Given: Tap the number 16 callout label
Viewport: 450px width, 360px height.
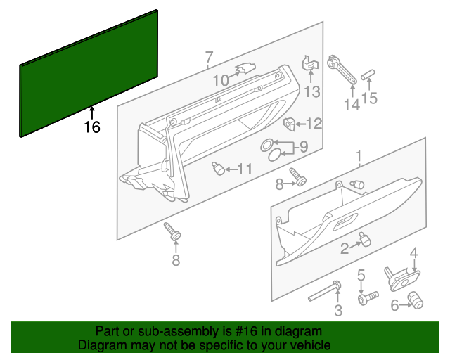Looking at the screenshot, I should [91, 127].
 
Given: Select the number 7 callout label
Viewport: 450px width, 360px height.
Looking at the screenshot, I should [209, 57].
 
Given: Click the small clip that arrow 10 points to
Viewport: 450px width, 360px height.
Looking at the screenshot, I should [244, 69].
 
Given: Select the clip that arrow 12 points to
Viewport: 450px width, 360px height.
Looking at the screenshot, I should [289, 124].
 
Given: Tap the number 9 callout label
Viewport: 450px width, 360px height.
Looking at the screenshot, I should [303, 147].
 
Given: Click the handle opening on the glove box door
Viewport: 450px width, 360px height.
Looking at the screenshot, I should [345, 224].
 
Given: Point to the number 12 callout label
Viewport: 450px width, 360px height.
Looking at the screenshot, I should [314, 124].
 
